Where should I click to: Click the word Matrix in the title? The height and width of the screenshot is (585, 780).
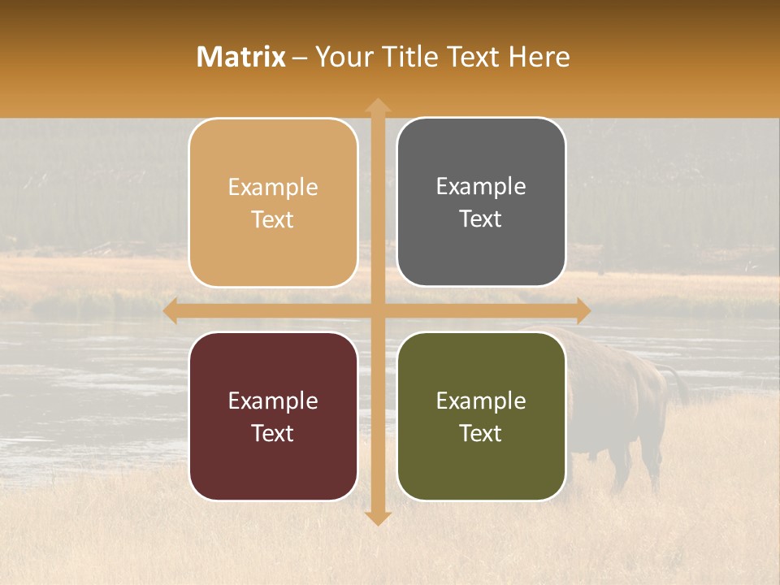[240, 57]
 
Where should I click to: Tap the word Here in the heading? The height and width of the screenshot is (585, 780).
[539, 57]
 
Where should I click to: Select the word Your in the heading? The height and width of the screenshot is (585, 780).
[343, 57]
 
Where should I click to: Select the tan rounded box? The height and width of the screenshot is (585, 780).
[273, 202]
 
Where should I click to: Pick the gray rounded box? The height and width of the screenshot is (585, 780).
[481, 202]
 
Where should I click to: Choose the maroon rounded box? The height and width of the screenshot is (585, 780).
[273, 416]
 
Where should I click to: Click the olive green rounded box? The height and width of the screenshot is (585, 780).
[481, 416]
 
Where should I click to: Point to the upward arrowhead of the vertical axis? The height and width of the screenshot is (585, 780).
[378, 106]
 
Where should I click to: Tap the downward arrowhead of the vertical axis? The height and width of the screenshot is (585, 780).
[378, 518]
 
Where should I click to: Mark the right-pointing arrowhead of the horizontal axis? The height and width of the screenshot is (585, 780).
[583, 310]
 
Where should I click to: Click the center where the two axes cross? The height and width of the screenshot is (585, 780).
[378, 310]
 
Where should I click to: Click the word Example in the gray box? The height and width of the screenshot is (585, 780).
[481, 186]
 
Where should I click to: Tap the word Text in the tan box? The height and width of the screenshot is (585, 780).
[273, 219]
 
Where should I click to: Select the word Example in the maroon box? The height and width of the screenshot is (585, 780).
[273, 401]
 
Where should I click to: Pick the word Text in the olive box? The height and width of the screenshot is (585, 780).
[481, 433]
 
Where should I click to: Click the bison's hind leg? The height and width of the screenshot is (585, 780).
[650, 463]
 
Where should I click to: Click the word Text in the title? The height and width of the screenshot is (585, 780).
[473, 57]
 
